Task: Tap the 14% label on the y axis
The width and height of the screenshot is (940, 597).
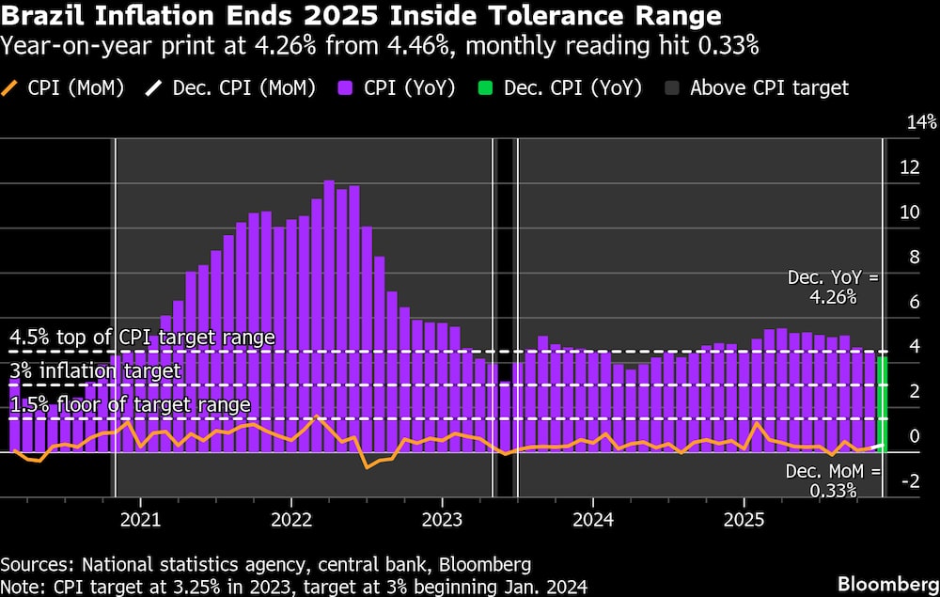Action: point(921,122)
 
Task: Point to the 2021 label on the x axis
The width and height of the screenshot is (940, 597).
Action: point(140,518)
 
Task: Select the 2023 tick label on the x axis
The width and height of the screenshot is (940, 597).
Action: point(442,518)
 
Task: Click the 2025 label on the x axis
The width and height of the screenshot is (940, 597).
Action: point(744,518)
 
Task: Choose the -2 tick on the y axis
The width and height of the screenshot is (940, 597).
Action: point(910,481)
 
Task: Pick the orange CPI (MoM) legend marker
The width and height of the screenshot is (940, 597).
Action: point(12,88)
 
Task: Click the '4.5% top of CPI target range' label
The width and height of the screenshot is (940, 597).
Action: point(143,337)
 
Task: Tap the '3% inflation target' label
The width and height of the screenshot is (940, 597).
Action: point(95,371)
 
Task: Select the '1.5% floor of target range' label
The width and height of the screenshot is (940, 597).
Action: point(131,405)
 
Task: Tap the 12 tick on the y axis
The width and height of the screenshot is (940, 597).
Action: point(910,167)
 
